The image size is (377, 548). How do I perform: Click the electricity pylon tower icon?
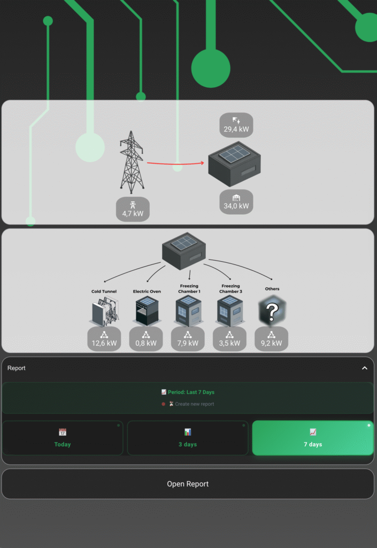pyautogui.click(x=132, y=162)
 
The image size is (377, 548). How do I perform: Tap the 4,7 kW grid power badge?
pyautogui.click(x=133, y=209)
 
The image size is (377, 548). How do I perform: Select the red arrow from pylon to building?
pyautogui.click(x=176, y=164)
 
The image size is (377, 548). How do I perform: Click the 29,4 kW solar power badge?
pyautogui.click(x=236, y=125)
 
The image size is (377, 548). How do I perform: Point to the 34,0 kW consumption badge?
pyautogui.click(x=236, y=202)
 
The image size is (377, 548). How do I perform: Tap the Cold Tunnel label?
pyautogui.click(x=104, y=292)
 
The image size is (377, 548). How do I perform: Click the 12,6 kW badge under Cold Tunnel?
pyautogui.click(x=104, y=339)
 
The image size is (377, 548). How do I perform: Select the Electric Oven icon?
pyautogui.click(x=146, y=311)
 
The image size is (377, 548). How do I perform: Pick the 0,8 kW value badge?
pyautogui.click(x=146, y=339)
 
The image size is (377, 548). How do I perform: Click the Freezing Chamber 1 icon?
pyautogui.click(x=188, y=311)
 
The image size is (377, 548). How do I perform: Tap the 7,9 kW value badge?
pyautogui.click(x=188, y=339)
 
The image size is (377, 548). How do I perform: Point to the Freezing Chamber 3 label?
pyautogui.click(x=230, y=289)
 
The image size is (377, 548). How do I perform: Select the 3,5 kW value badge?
pyautogui.click(x=230, y=339)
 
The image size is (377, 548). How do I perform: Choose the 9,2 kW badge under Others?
pyautogui.click(x=271, y=339)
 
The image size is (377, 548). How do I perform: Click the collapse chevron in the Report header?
pyautogui.click(x=365, y=368)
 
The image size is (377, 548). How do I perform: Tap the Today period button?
pyautogui.click(x=63, y=438)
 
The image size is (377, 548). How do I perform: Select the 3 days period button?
pyautogui.click(x=188, y=438)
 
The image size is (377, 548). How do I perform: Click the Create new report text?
pyautogui.click(x=194, y=404)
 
